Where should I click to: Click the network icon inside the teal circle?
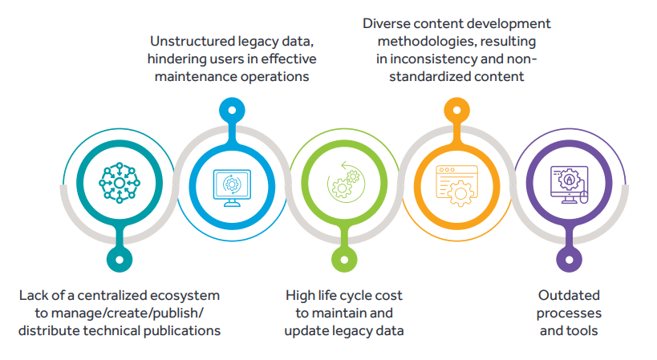pyautogui.click(x=119, y=184)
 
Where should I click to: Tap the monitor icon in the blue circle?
pyautogui.click(x=233, y=185)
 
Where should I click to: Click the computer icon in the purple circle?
pyautogui.click(x=569, y=184)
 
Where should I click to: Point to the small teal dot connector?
pyautogui.click(x=119, y=259)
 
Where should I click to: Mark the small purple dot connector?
pyautogui.click(x=569, y=259)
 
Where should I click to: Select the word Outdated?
pyautogui.click(x=569, y=295)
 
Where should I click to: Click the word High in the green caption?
pyautogui.click(x=300, y=295)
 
